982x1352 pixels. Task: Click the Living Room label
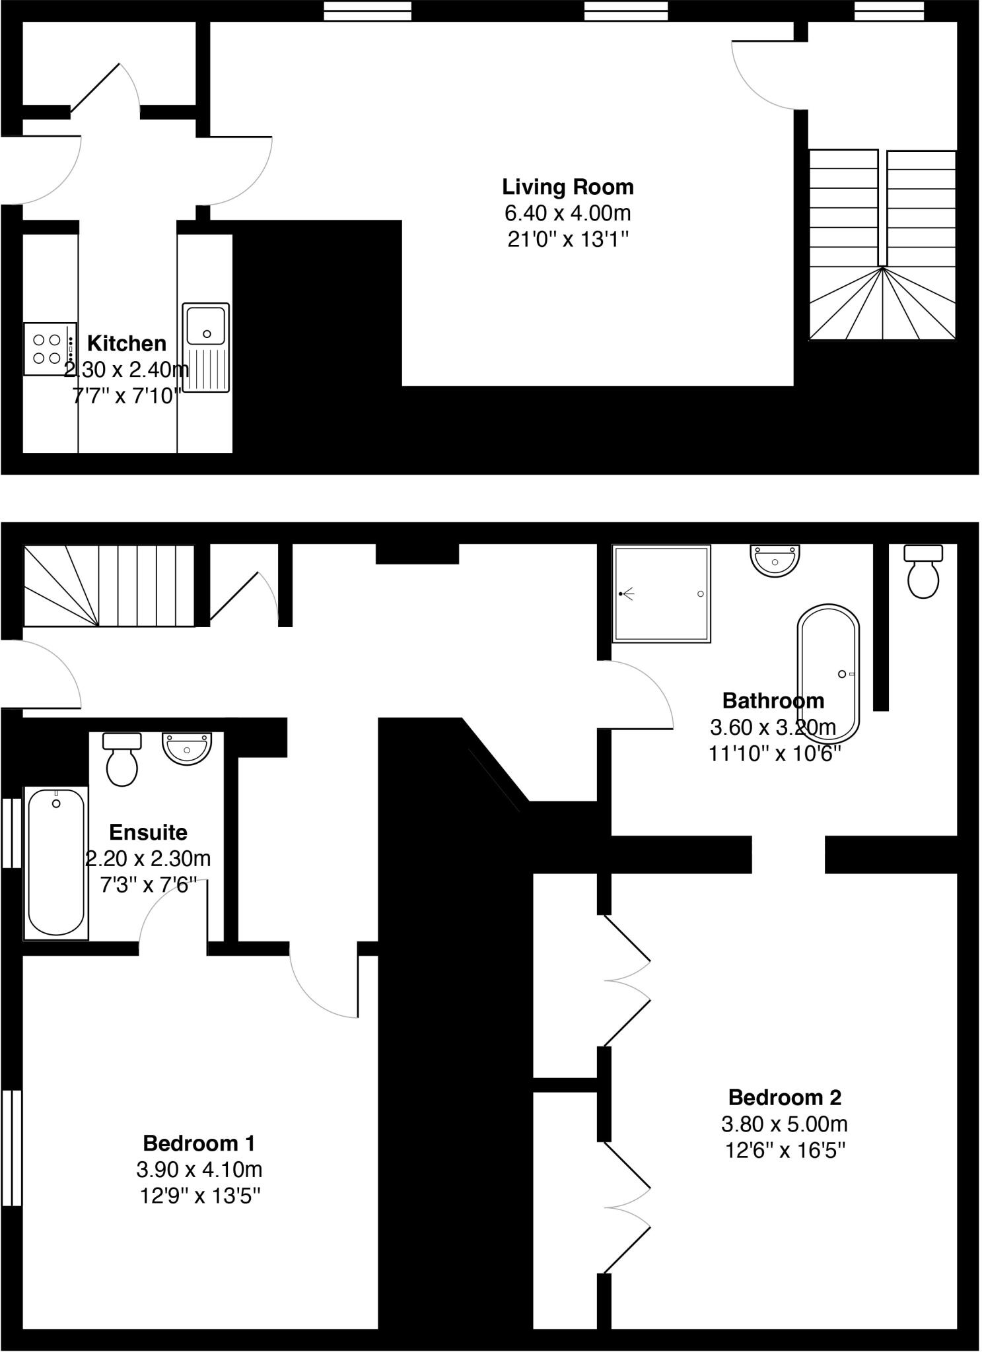coord(567,187)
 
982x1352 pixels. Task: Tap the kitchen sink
coord(205,347)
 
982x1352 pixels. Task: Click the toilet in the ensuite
coord(122,760)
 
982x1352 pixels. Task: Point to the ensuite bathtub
coord(56,862)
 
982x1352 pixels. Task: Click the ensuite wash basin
coord(187,748)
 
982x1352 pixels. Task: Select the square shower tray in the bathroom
coord(661,593)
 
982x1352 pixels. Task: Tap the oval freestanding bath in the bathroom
coord(828,674)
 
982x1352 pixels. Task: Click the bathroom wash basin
coord(775,560)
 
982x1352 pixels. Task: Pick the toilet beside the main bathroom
coord(923,572)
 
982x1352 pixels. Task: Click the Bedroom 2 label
coord(785,1097)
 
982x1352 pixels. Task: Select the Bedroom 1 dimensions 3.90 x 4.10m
coord(199,1170)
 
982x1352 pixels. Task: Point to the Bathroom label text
coord(773,700)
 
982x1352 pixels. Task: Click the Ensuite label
coord(148,832)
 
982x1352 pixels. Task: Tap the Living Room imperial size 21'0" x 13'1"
coord(567,240)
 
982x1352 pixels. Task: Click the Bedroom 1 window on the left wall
coord(11,1148)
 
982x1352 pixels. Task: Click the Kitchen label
coord(127,343)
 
